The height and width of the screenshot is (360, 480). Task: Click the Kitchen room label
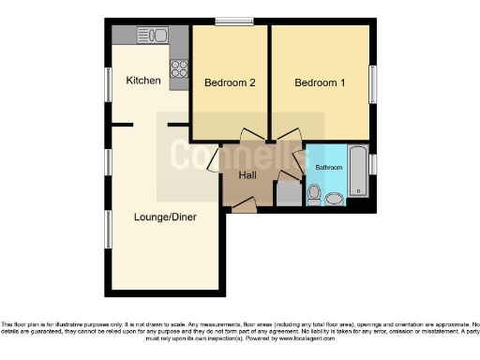(143, 81)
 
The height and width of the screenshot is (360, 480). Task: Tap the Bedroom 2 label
(230, 82)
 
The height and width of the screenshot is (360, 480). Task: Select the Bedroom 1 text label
(320, 82)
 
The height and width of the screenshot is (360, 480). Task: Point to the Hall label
(247, 175)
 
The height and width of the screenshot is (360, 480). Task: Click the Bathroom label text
(328, 168)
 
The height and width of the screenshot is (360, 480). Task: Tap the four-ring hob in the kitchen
(178, 68)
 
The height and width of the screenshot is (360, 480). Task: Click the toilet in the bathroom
(315, 195)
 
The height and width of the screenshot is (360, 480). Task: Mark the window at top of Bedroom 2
(233, 22)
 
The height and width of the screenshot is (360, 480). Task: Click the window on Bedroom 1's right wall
(373, 84)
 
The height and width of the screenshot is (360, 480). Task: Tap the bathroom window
(373, 164)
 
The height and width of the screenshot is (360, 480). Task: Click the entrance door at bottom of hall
(243, 205)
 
